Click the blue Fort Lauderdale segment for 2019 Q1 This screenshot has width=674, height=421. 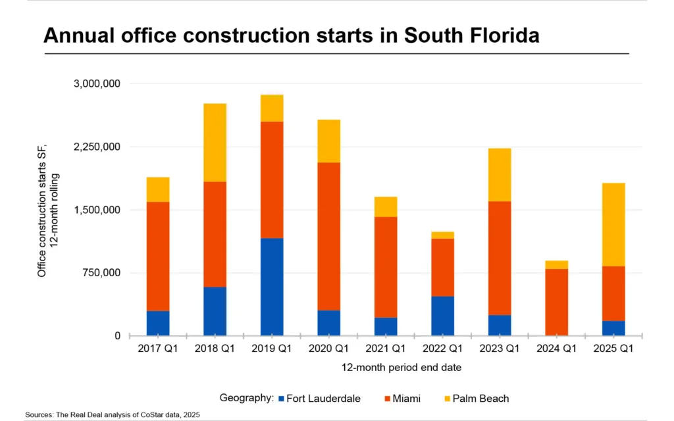272,287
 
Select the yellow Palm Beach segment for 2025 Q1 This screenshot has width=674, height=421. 613,224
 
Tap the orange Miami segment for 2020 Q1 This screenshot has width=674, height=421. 328,236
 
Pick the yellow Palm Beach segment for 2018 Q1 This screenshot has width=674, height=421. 215,142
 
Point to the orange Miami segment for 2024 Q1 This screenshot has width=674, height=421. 556,302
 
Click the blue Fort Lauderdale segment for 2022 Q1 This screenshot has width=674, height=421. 442,316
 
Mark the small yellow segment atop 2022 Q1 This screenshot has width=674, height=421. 442,235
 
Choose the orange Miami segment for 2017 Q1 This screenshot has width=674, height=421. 158,256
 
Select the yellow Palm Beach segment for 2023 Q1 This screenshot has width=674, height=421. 500,174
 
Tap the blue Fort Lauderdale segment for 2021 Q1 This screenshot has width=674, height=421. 386,326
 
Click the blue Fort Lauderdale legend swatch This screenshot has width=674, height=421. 282,399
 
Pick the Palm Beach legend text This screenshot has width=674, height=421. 480,399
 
